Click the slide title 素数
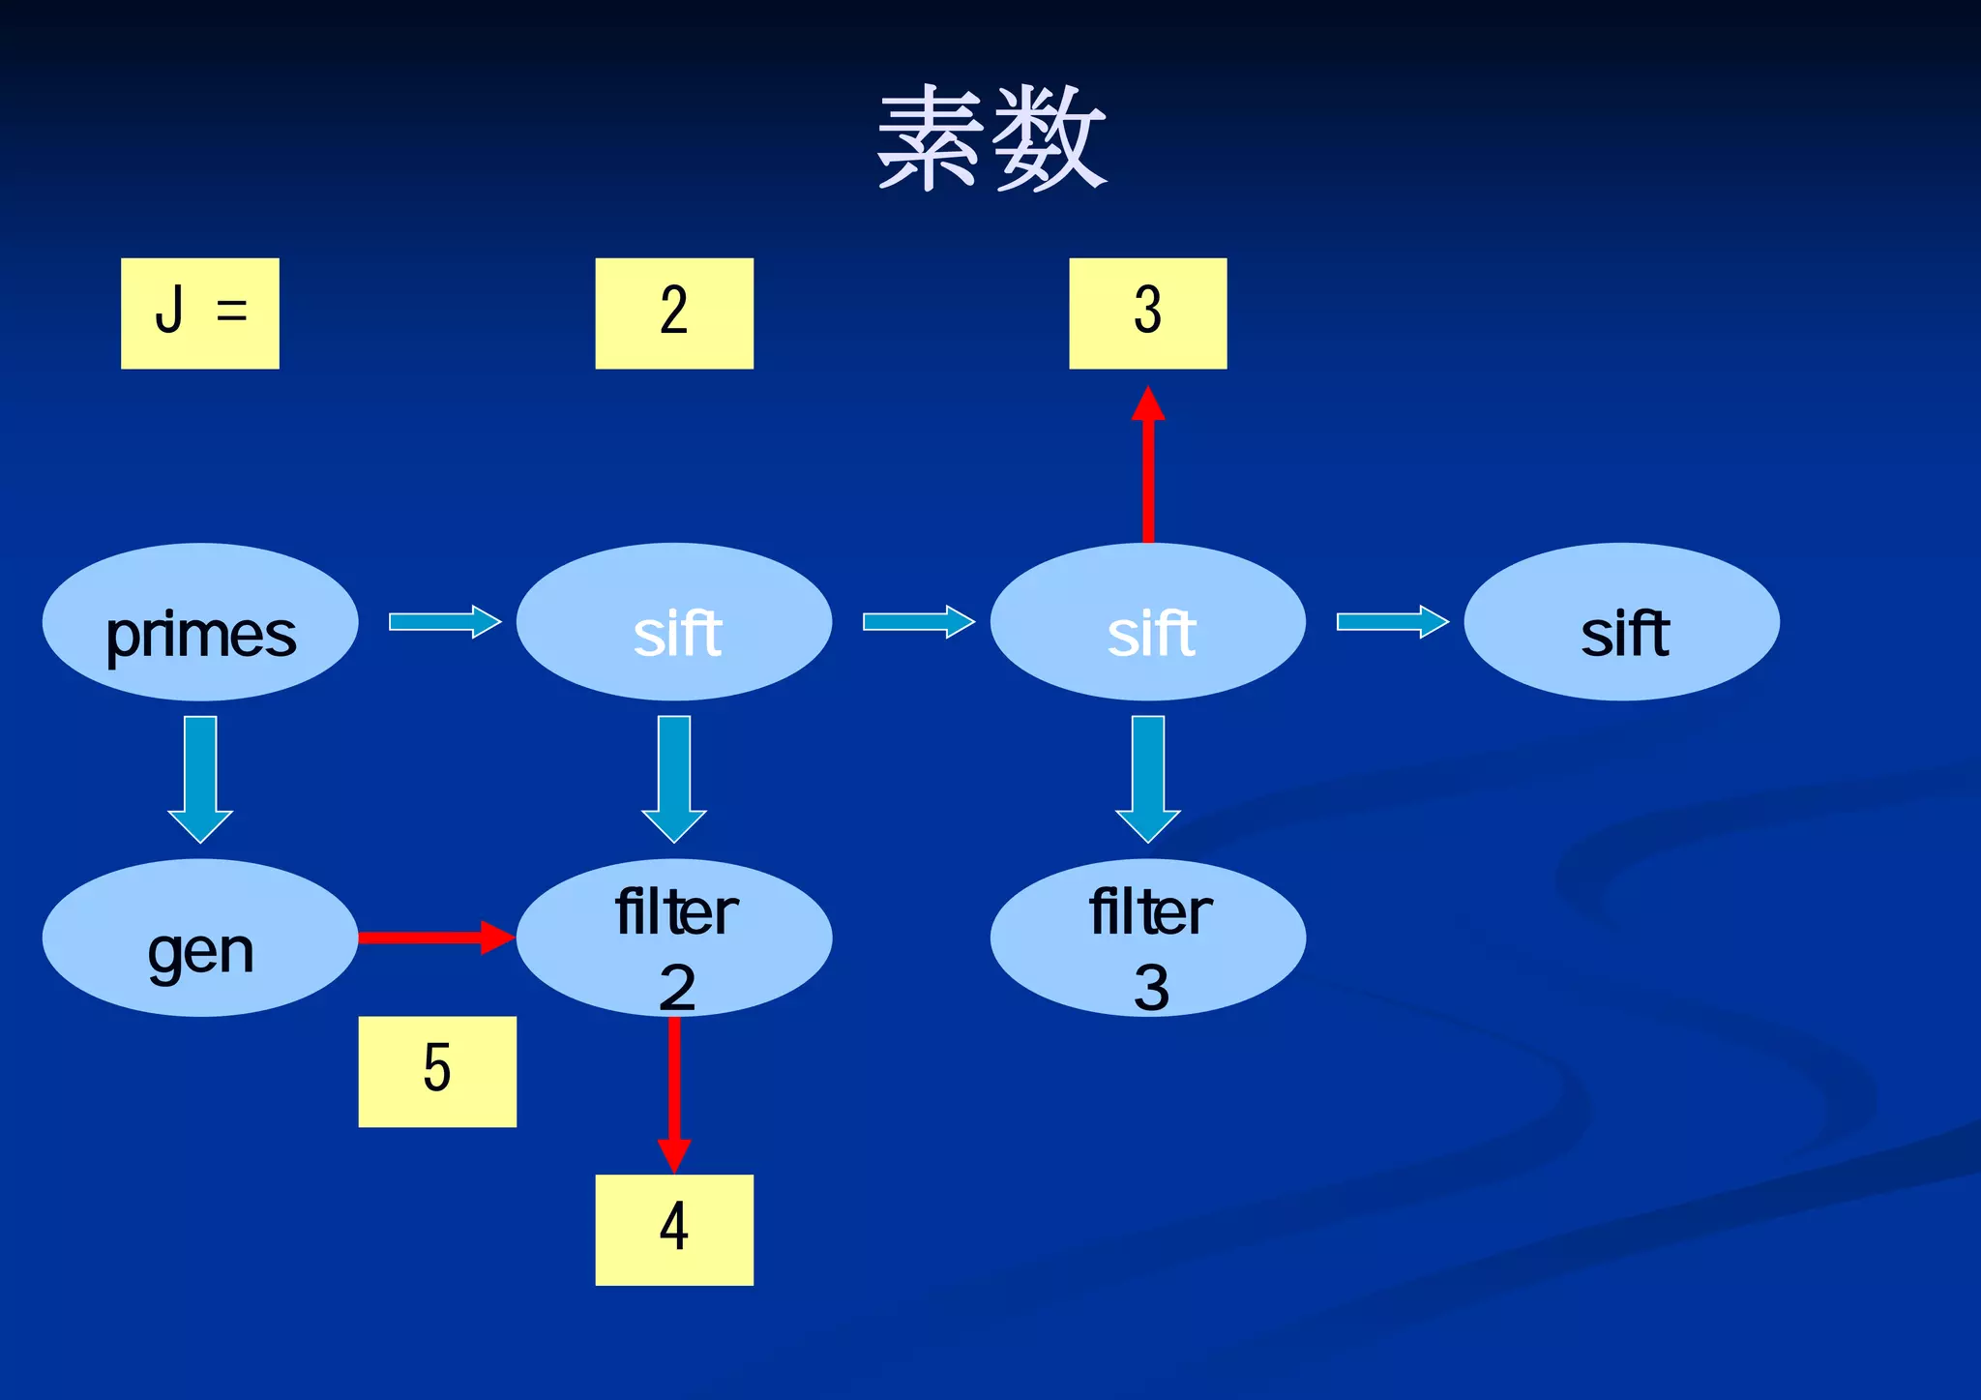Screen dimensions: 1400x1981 (990, 137)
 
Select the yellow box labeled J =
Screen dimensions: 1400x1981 (200, 313)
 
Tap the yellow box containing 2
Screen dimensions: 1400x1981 (674, 313)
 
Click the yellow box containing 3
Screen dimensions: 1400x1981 (1147, 313)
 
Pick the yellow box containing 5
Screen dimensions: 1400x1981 (437, 1071)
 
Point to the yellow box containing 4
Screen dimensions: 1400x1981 (674, 1229)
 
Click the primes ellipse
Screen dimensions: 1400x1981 (200, 622)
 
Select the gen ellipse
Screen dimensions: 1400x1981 (200, 938)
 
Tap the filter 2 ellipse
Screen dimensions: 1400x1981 (674, 938)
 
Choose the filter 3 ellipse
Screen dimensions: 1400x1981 (1147, 938)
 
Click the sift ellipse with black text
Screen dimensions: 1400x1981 (1621, 622)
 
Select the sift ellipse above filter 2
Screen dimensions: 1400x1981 (674, 622)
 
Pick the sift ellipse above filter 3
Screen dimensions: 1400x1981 (1147, 622)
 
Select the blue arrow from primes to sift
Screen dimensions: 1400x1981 (444, 621)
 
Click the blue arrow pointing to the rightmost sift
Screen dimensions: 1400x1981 (1392, 621)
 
